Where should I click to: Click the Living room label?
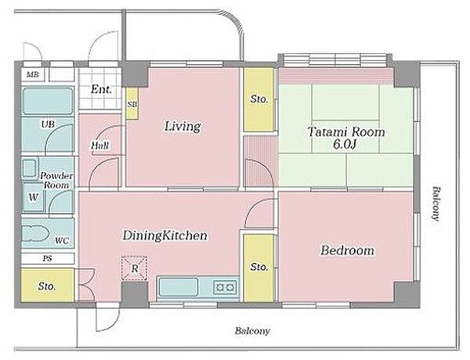point(183,126)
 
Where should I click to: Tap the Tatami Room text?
point(346,131)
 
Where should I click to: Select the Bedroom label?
point(347,250)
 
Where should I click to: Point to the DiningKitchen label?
point(164,236)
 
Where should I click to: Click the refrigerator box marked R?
point(134,268)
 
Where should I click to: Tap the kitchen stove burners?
point(225,287)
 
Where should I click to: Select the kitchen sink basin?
point(179,287)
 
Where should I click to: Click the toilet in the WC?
point(35,233)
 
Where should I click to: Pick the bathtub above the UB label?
point(48,101)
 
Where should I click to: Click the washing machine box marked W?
point(33,196)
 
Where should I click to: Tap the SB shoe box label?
point(132,105)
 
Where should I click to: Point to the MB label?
point(33,74)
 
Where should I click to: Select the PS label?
point(47,258)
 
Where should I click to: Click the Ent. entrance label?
point(102,89)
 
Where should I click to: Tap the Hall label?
point(100,146)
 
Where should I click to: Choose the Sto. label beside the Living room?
point(259,99)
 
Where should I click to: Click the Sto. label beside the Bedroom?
point(258,267)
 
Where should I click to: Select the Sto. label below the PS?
point(47,286)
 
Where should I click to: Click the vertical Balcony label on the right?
point(436,203)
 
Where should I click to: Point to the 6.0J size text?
point(345,145)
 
